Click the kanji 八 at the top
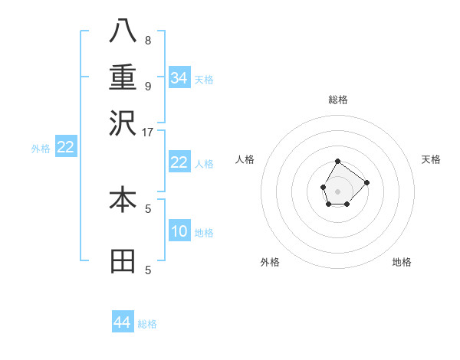123,32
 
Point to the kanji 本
123,200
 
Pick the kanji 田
123,261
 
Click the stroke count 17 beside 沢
148,132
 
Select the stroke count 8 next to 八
148,41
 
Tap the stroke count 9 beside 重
148,86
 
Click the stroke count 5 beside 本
148,208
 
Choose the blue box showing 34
179,77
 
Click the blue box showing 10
179,231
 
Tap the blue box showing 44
123,322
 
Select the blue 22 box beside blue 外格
65,147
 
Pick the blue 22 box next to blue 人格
179,162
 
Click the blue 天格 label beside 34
204,80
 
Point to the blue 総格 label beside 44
147,324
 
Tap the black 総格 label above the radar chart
338,100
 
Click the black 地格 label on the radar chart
402,262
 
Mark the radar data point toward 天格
366,182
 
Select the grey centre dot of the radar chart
338,191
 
